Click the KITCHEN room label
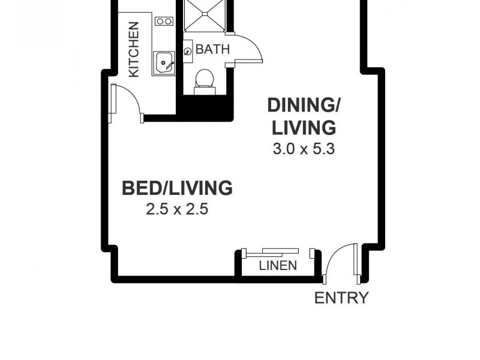tap(134, 49)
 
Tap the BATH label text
tap(212, 49)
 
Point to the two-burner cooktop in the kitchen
tap(163, 22)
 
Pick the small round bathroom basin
tap(188, 52)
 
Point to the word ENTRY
tap(341, 298)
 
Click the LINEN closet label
tap(278, 265)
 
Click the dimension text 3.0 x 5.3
tap(303, 149)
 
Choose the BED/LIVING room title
tap(177, 188)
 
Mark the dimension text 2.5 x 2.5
tap(176, 209)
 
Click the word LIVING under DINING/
tap(304, 127)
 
